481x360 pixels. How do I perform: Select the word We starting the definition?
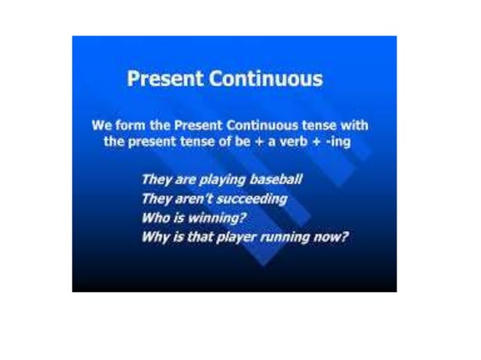click(101, 125)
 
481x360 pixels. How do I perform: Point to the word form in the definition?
click(129, 125)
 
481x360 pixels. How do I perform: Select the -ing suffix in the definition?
click(338, 141)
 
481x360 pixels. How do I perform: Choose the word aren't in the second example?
click(188, 200)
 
